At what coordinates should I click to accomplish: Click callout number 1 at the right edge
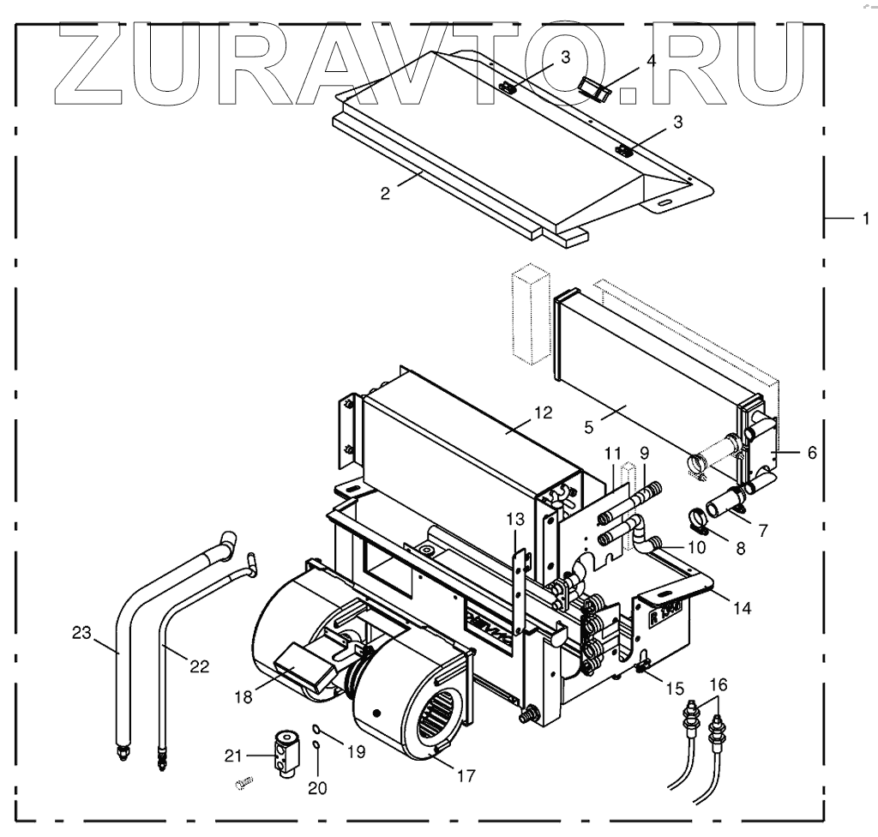(865, 219)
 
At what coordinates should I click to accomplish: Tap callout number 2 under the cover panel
(386, 194)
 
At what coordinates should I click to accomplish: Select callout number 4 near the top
(651, 61)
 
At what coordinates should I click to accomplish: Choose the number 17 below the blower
(465, 777)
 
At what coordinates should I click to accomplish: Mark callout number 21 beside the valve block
(233, 755)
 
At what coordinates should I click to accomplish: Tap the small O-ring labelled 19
(316, 729)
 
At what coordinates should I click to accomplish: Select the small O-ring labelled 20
(316, 745)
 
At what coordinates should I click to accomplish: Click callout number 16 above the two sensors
(718, 683)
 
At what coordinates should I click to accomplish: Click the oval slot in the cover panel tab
(665, 202)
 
